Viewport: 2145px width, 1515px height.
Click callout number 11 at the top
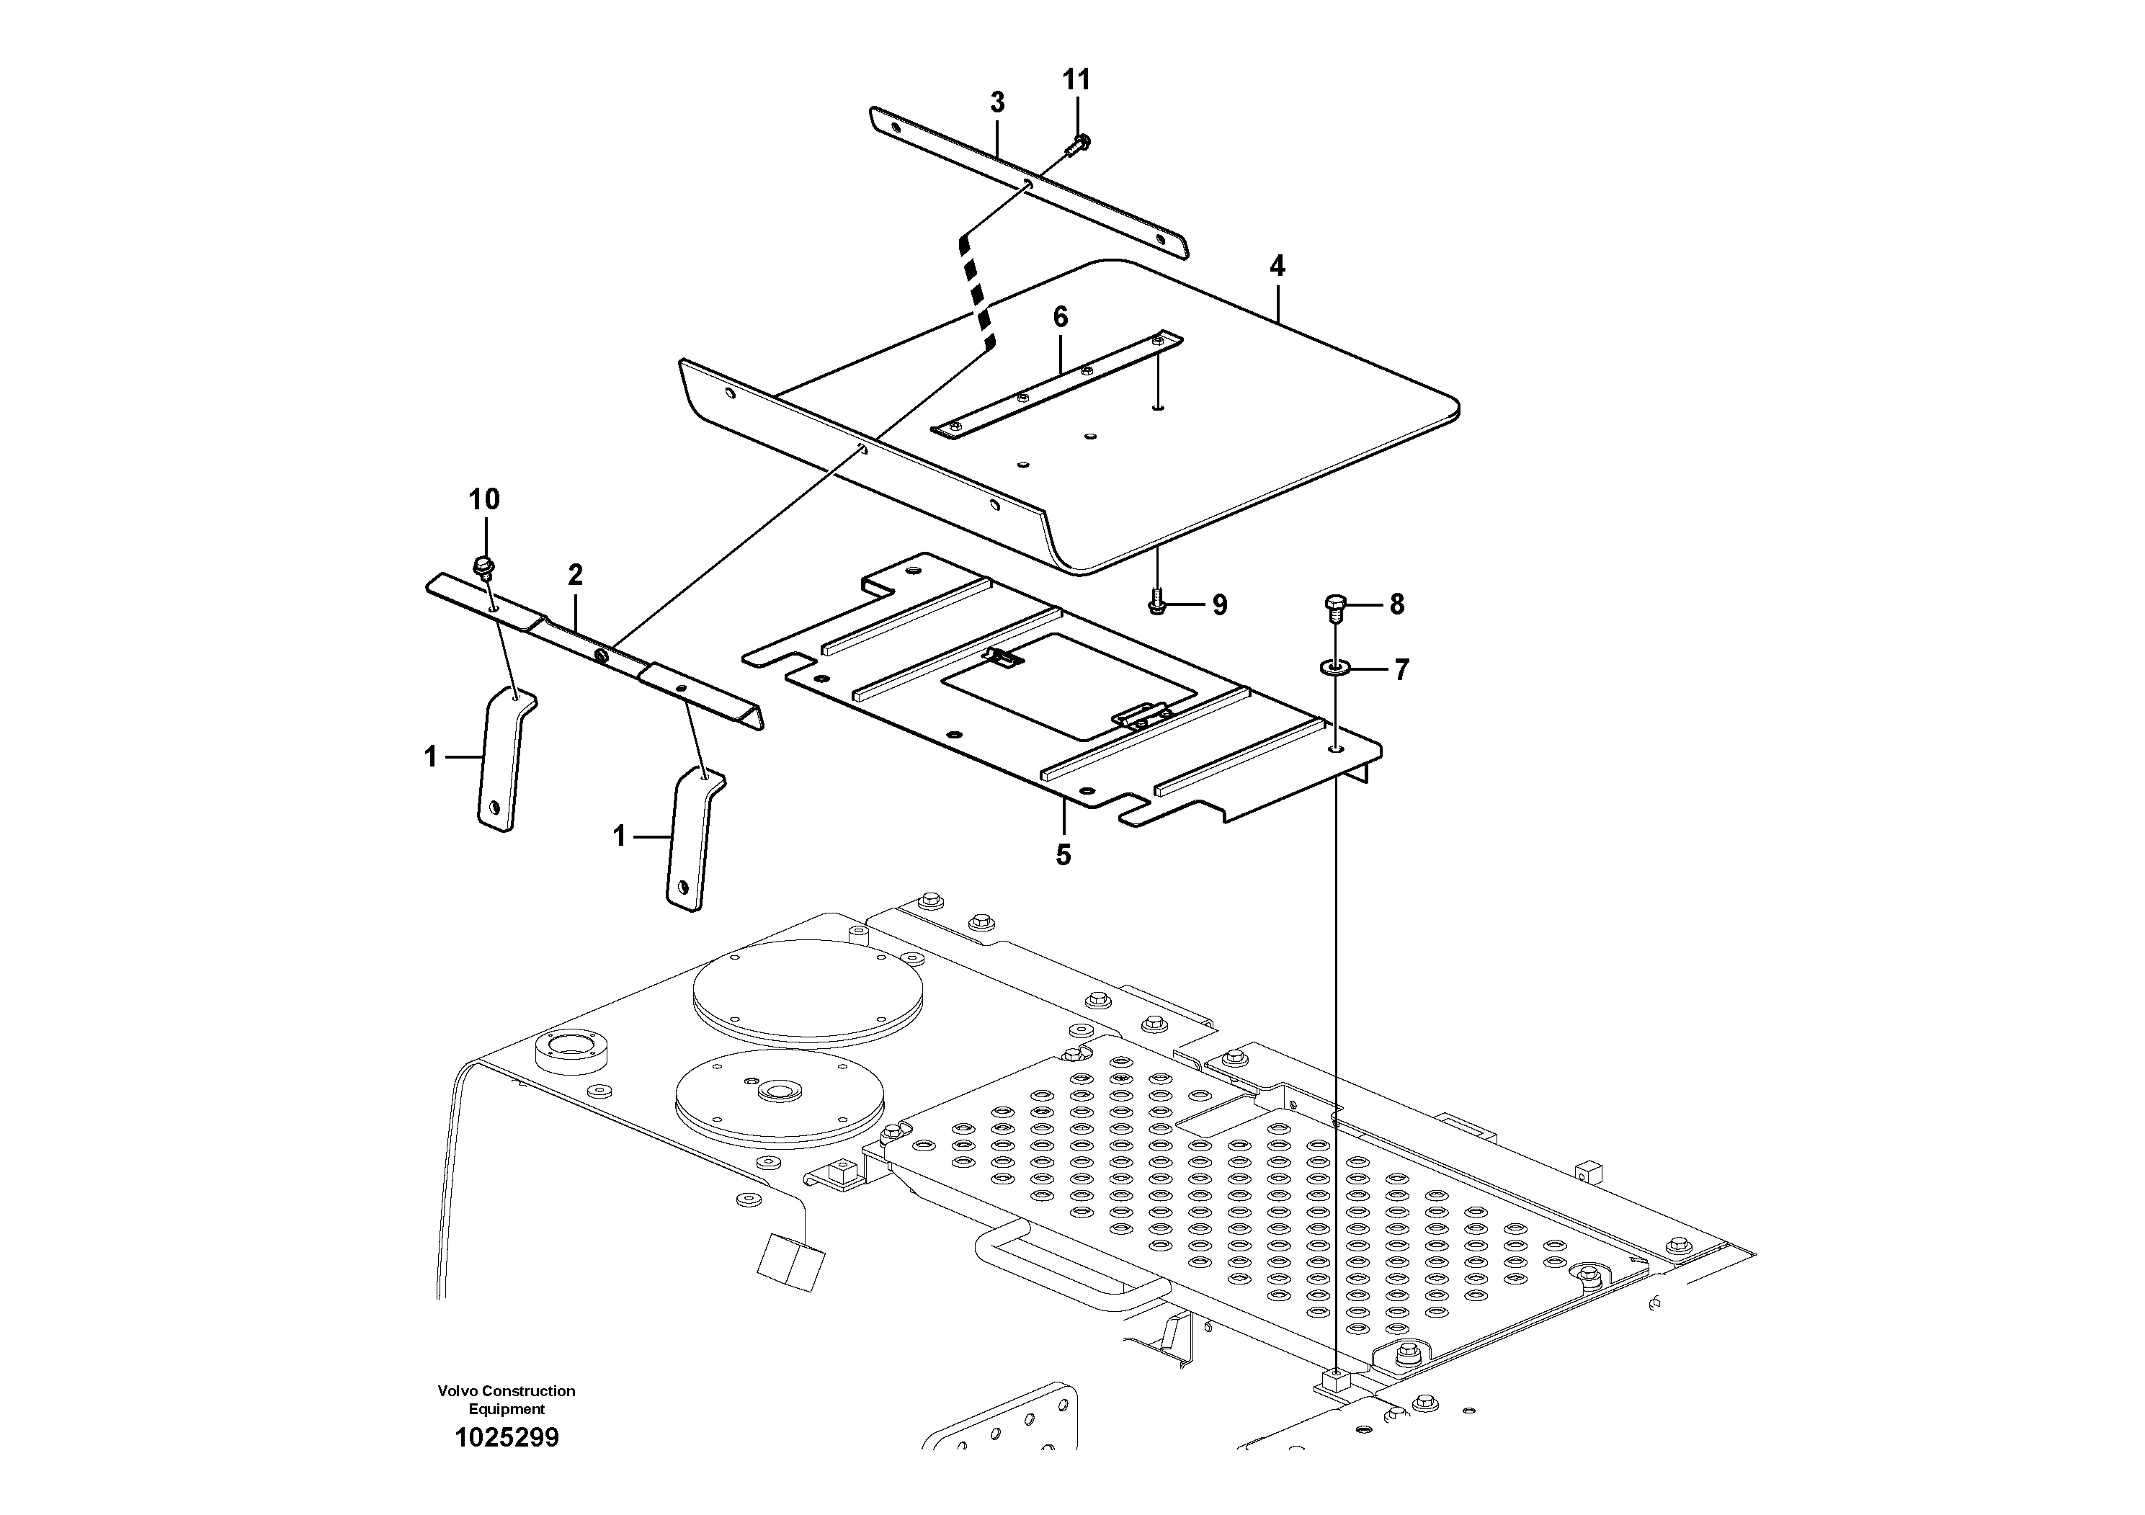(1076, 81)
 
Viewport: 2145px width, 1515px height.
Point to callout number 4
(1276, 267)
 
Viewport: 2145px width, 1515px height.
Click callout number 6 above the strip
(1061, 318)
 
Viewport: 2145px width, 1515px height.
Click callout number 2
(576, 574)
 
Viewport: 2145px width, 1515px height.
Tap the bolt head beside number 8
(1334, 607)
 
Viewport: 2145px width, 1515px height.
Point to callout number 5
(1063, 854)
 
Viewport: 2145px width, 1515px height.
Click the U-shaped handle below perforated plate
(1070, 1270)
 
